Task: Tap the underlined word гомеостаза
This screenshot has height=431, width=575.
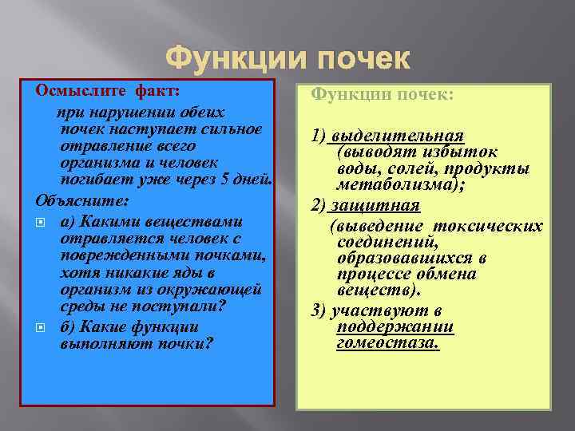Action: point(388,343)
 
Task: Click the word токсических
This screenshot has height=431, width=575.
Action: point(498,226)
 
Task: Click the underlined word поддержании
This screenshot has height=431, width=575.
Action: point(395,327)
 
